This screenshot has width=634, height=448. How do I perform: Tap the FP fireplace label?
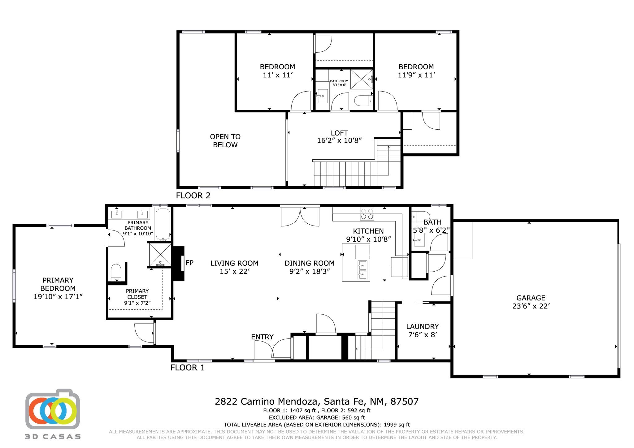(x=189, y=263)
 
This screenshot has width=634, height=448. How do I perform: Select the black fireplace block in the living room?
(x=179, y=263)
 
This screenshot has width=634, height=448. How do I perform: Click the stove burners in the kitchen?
(x=367, y=214)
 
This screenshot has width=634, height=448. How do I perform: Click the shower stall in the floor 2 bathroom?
(x=362, y=79)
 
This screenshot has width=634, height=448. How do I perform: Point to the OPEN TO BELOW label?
(x=225, y=141)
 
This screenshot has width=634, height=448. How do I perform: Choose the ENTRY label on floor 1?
(x=262, y=337)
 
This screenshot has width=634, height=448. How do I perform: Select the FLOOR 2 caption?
(x=193, y=196)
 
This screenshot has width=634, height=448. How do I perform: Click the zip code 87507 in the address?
(x=404, y=402)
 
